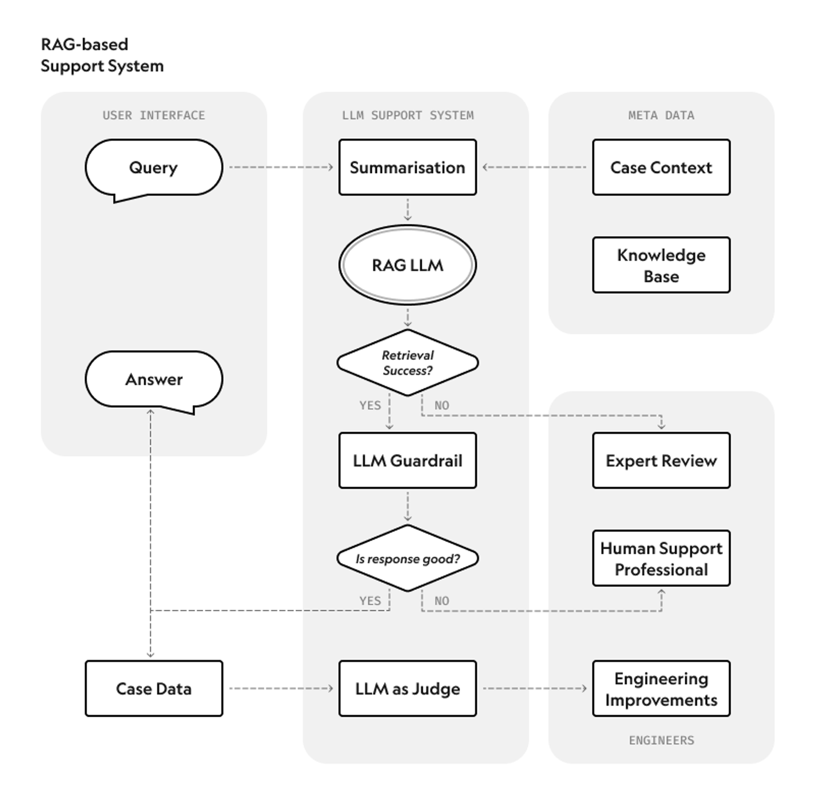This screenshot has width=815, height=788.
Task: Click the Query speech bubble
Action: click(154, 168)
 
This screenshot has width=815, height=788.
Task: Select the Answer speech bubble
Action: click(154, 379)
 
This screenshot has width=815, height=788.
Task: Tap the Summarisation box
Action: click(407, 168)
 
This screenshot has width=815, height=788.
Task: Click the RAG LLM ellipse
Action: click(407, 265)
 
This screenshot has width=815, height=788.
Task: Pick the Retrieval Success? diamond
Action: click(407, 363)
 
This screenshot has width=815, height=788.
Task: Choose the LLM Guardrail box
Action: click(407, 461)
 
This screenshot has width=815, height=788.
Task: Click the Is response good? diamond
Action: click(407, 559)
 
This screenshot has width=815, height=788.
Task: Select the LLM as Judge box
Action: click(407, 689)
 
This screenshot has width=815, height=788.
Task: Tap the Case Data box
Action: click(154, 689)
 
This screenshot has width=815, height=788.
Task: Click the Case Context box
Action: click(661, 168)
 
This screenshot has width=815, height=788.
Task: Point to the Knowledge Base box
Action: click(661, 265)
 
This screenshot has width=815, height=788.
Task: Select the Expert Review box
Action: click(661, 461)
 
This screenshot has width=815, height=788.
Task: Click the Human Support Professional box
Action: click(661, 559)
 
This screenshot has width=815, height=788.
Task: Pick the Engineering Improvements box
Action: click(661, 689)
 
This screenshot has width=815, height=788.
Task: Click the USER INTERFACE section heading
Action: click(154, 115)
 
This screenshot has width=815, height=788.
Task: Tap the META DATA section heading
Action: click(661, 115)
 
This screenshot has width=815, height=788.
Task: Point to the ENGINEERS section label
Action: click(661, 740)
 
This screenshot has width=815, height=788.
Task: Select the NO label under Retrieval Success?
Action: click(441, 405)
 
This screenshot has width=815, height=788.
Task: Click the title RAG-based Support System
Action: click(102, 55)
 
